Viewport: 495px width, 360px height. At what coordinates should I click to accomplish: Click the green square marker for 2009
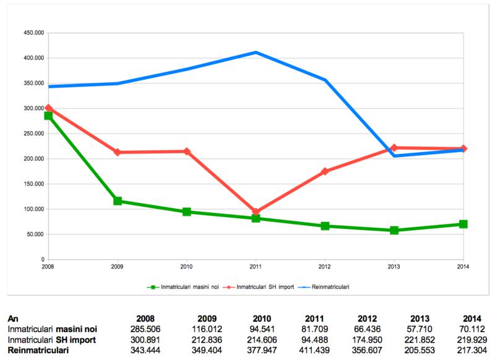[118, 201]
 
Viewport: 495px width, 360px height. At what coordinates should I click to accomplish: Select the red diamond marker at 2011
[256, 212]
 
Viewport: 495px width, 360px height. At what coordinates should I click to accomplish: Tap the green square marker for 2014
[463, 224]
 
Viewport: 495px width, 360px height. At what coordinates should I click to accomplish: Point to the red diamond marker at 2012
[325, 171]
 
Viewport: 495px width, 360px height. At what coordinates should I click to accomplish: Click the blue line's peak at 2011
[256, 53]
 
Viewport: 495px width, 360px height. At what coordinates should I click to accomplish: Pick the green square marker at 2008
[48, 116]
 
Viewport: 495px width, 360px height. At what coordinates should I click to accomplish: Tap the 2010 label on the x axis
[187, 267]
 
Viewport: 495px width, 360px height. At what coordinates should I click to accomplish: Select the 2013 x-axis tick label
[394, 267]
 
